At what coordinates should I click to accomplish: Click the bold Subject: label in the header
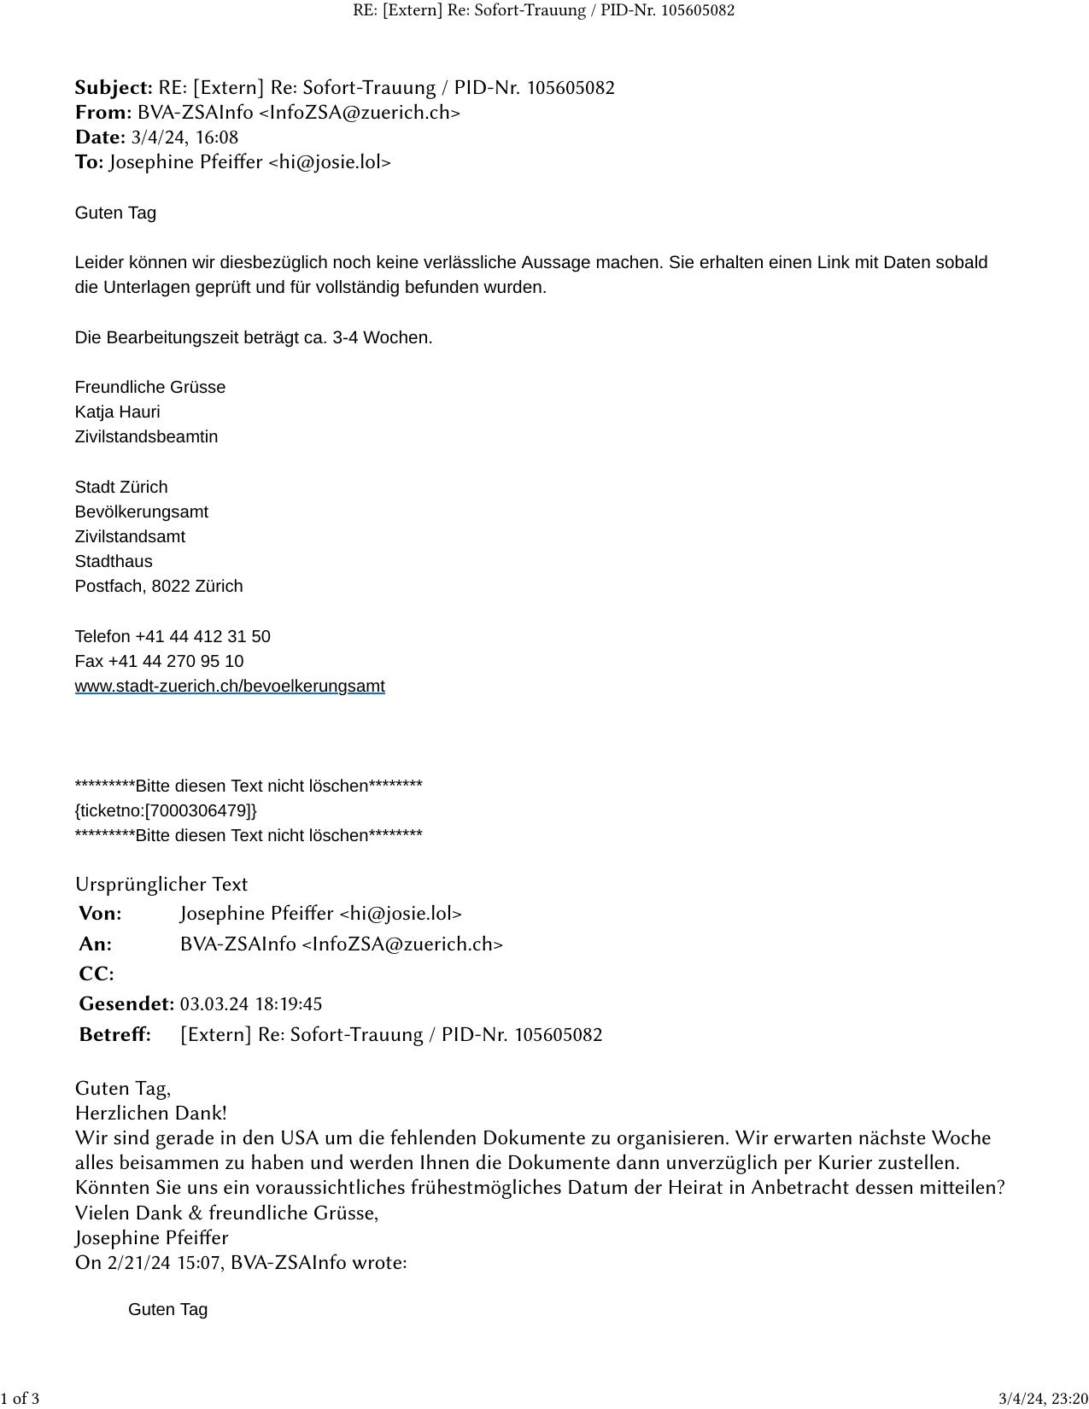tap(114, 88)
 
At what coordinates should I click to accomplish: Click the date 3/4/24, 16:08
tap(184, 137)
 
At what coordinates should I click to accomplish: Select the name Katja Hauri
tap(117, 412)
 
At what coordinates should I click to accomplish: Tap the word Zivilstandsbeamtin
tap(146, 436)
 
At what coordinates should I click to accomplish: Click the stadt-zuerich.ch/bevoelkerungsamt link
tap(230, 686)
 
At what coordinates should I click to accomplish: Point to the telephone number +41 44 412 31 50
tap(202, 636)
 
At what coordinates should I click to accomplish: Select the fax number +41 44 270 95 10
tap(176, 661)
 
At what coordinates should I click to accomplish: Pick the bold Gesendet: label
tap(126, 1004)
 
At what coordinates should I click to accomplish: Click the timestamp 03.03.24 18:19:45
tap(251, 1004)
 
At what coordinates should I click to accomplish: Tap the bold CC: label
tap(96, 974)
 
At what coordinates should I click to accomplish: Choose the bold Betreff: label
tap(114, 1035)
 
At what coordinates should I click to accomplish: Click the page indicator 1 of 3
tap(20, 1399)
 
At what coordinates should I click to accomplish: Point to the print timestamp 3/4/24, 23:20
tap(1043, 1399)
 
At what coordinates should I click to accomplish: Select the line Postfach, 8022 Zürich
tap(159, 586)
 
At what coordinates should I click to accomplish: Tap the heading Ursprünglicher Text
tap(161, 885)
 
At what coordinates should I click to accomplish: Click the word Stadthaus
tap(114, 561)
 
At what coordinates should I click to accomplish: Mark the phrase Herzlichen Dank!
tap(151, 1114)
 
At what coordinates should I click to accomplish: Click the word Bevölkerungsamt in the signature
tap(142, 512)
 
